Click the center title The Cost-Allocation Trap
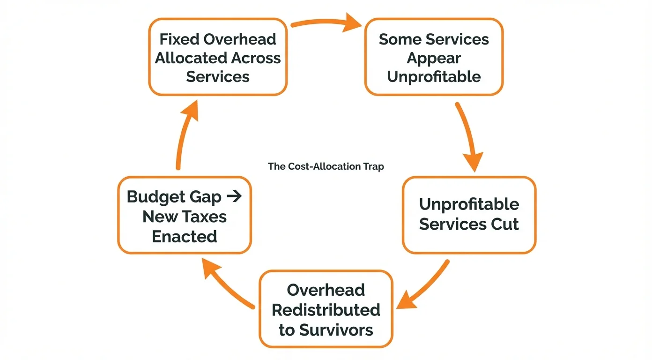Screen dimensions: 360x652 point(326,166)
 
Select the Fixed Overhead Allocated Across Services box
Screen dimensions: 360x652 point(217,57)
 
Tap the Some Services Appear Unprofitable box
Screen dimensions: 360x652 point(434,57)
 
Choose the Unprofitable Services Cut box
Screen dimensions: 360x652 point(469,214)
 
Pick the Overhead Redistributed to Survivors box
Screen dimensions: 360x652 point(326,309)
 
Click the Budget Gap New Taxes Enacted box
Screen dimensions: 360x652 point(185,216)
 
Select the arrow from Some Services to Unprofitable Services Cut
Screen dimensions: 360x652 point(469,136)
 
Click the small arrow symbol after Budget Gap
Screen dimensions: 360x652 point(234,196)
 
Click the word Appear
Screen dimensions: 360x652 point(434,58)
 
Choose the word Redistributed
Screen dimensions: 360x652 point(326,310)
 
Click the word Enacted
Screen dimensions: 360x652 point(185,236)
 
